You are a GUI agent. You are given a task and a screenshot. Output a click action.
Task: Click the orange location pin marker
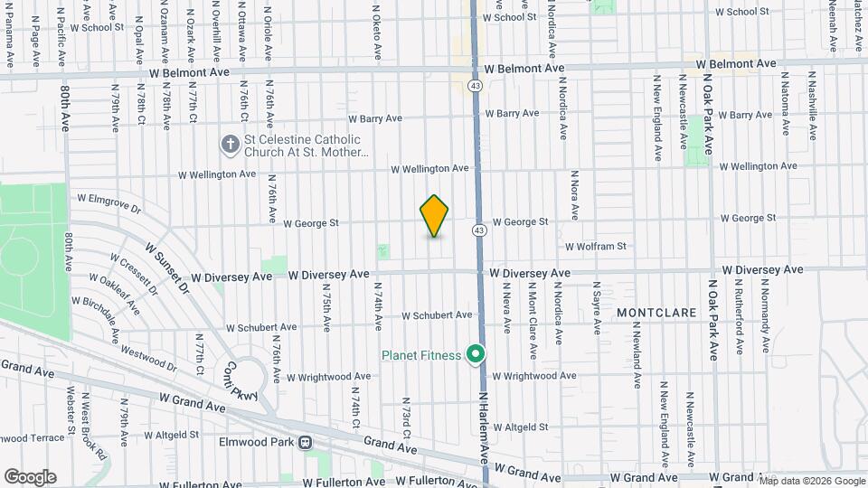pos(434,216)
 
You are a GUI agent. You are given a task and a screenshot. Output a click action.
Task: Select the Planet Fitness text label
pos(420,354)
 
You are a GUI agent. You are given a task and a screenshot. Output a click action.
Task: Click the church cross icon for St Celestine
pos(230,145)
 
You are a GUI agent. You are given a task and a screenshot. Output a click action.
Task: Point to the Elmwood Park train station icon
pos(306,443)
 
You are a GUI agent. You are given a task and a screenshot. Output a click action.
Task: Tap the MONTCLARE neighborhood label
pos(656,312)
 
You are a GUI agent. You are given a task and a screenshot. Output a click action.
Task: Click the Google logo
pos(29,477)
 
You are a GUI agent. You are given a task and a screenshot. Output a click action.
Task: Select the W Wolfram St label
pos(596,246)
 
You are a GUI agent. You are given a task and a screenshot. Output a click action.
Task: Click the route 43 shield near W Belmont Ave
pos(475,85)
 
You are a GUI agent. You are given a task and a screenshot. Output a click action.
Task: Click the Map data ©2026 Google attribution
pos(812,480)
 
